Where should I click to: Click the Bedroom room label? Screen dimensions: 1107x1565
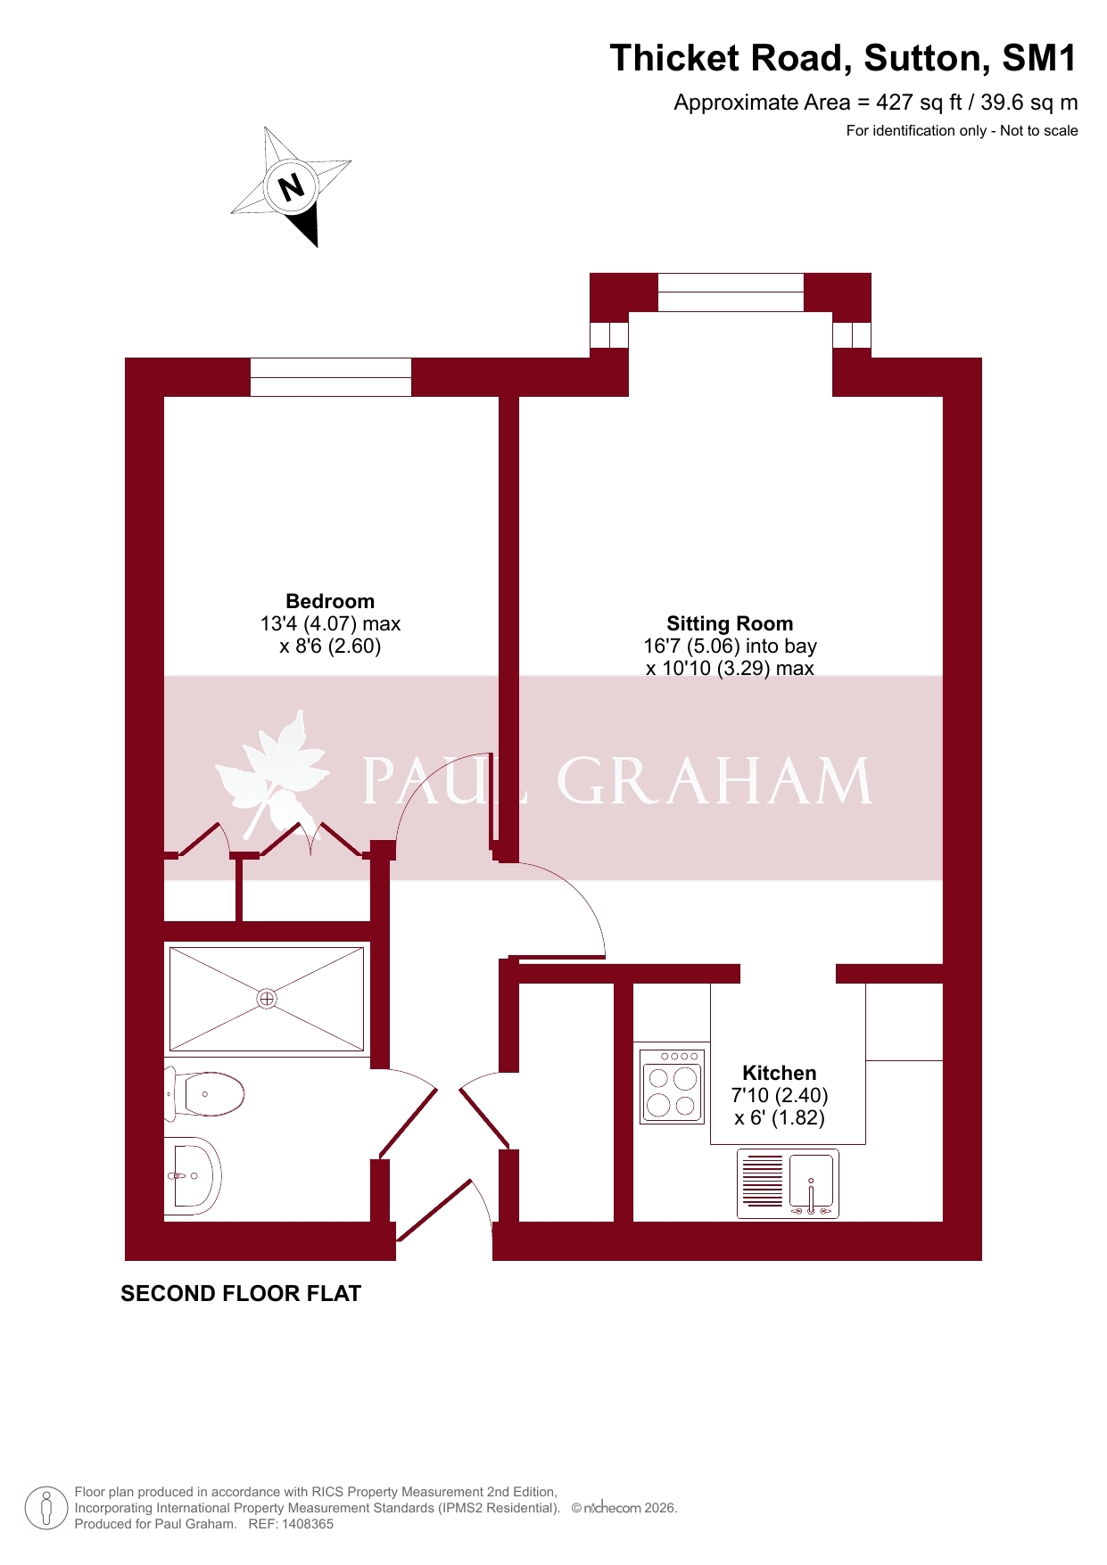330,601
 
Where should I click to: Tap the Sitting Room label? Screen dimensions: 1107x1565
730,623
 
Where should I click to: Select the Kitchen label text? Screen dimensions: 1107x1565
780,1073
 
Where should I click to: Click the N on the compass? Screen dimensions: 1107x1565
292,187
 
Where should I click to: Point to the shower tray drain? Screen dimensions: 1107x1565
267,999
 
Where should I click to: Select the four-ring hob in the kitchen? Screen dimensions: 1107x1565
672,1086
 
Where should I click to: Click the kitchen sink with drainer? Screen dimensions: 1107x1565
788,1184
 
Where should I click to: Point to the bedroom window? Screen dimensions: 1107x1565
330,377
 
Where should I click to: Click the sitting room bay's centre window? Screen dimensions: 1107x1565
731,292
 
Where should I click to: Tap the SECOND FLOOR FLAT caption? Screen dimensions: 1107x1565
241,1294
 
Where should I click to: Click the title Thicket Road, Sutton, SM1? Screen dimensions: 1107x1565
843,58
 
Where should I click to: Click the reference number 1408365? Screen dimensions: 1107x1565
307,1524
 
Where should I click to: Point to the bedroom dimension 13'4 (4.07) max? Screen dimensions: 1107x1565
330,623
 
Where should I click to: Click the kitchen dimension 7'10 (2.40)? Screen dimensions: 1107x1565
780,1095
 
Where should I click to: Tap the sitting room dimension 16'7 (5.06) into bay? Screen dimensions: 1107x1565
730,646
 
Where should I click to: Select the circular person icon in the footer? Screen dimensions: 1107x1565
46,1508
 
